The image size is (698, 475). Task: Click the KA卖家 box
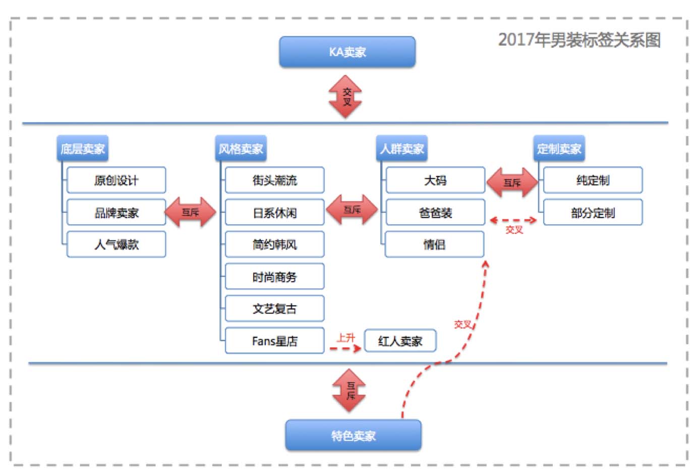(347, 52)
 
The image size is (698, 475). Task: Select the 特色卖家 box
(353, 435)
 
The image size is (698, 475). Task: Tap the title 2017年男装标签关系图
(579, 40)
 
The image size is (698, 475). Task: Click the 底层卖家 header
(82, 149)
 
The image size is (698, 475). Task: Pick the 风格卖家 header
(241, 149)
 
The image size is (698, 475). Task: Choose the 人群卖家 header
(401, 149)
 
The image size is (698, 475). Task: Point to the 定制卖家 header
(559, 149)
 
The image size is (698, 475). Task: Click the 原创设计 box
(116, 180)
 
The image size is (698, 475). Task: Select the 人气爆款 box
(116, 244)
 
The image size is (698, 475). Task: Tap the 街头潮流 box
(274, 180)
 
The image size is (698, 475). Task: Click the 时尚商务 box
(274, 277)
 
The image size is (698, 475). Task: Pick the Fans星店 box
(274, 341)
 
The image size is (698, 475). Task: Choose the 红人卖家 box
(400, 341)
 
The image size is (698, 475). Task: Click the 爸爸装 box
(435, 213)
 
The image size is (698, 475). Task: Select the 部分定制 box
(593, 213)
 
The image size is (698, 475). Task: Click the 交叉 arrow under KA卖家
(346, 97)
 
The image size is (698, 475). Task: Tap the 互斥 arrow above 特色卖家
(350, 391)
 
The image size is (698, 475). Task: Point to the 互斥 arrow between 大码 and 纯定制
(512, 182)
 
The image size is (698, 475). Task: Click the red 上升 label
(346, 338)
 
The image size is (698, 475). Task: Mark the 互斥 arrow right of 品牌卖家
(191, 212)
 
